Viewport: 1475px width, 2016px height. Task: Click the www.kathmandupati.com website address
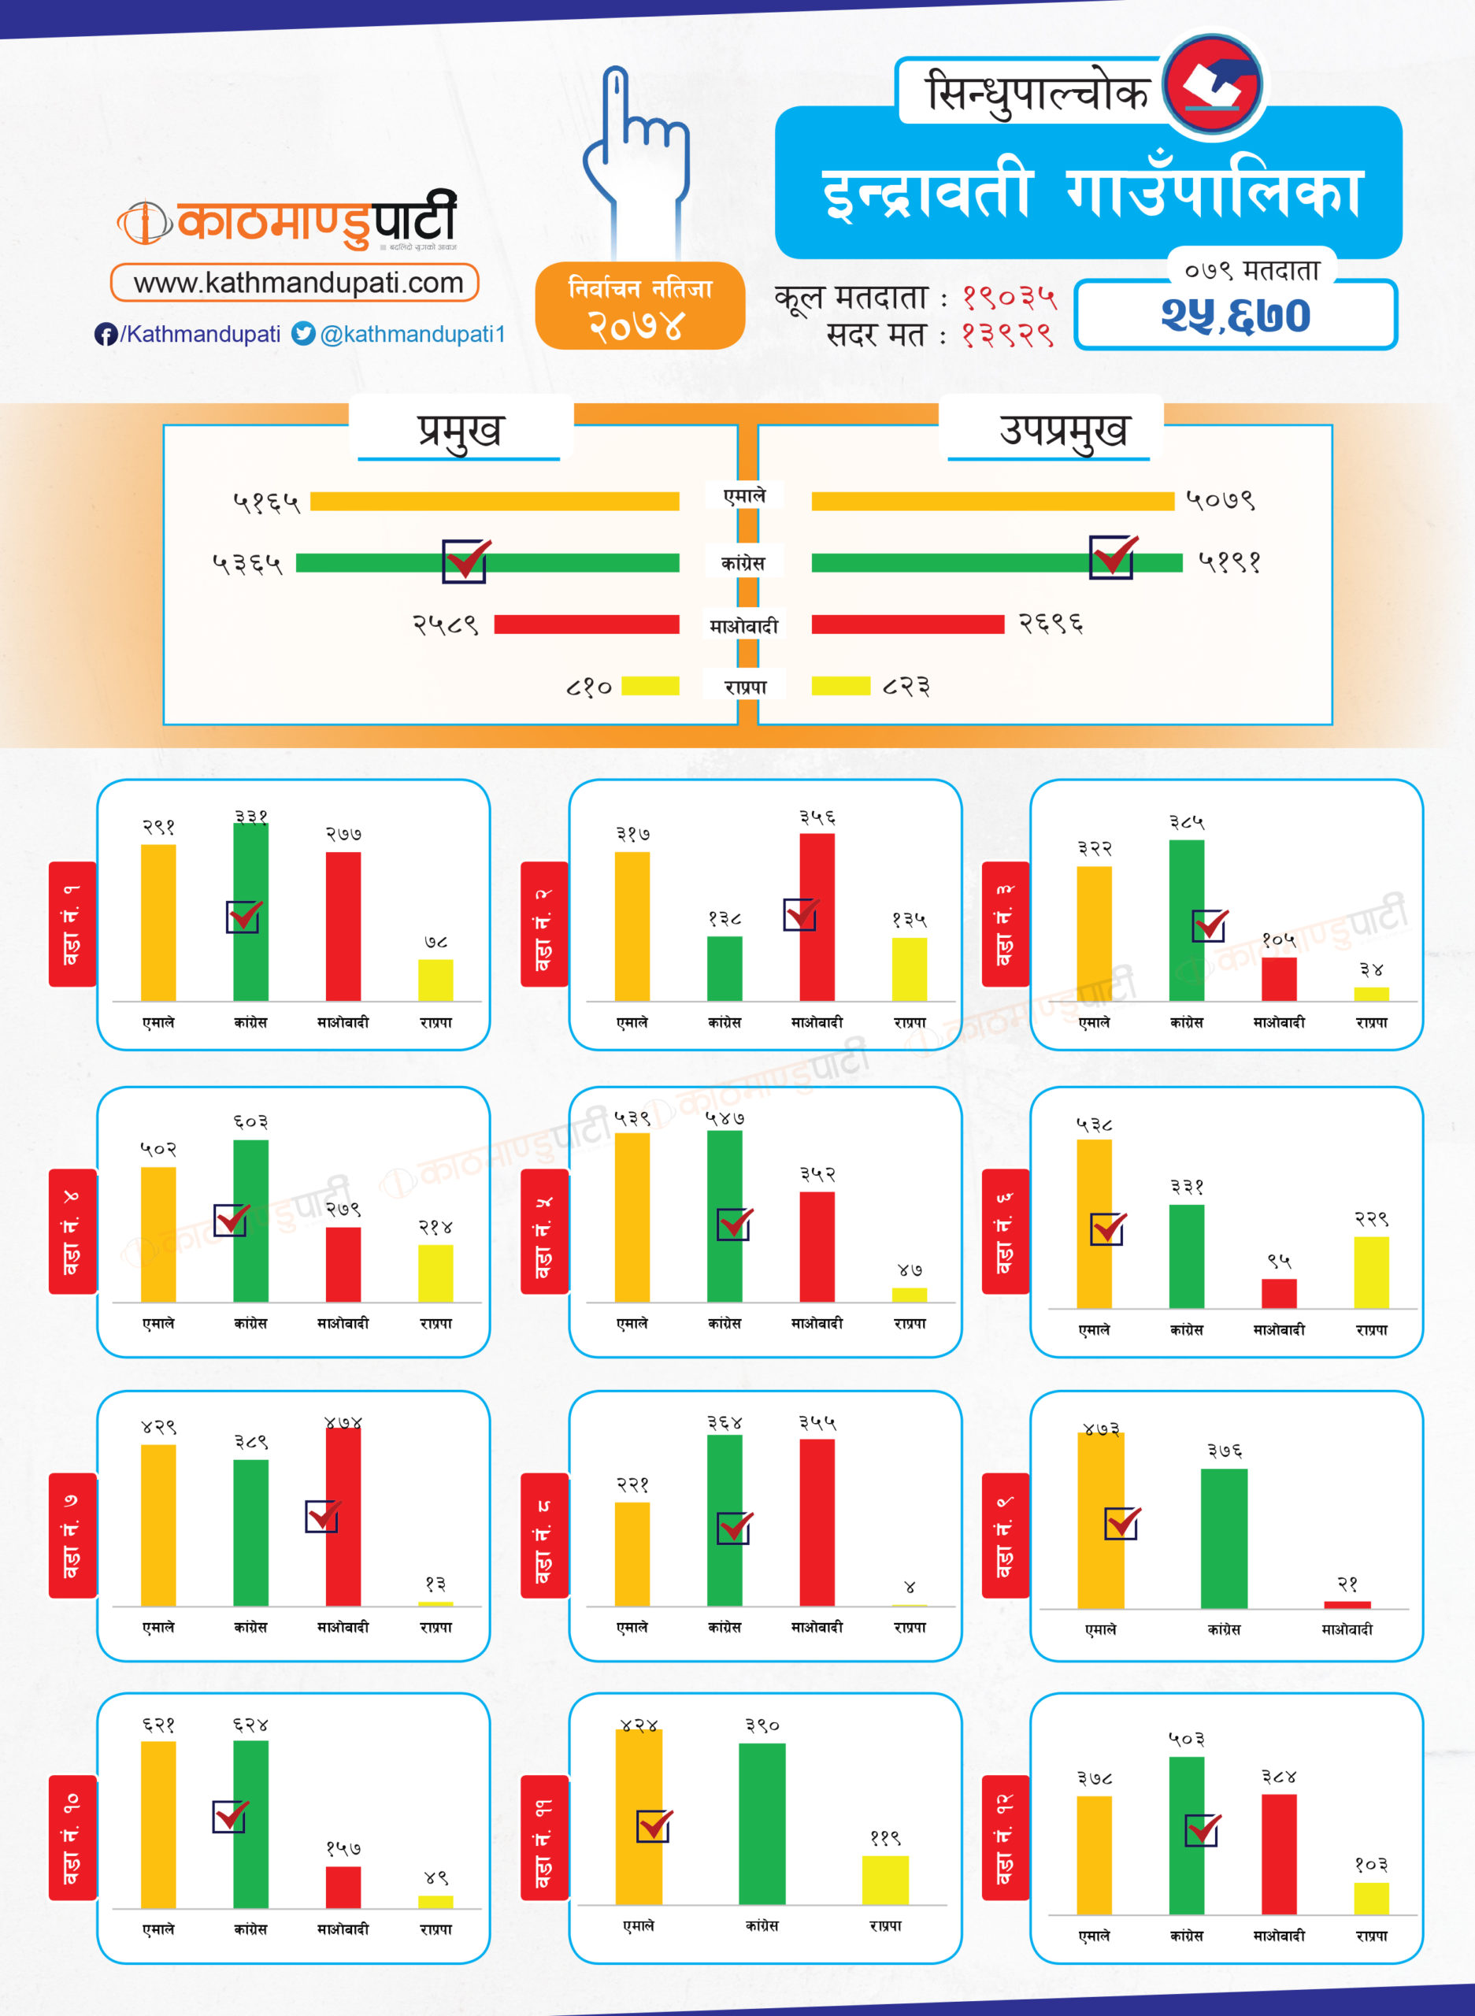click(298, 283)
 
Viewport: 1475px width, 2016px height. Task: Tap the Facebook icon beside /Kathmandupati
click(106, 334)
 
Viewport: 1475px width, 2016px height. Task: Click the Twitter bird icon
click(303, 333)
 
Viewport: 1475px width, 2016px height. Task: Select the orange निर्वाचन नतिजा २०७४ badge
click(639, 306)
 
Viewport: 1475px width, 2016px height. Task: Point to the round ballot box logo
click(1214, 85)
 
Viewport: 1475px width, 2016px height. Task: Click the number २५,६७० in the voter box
click(1235, 315)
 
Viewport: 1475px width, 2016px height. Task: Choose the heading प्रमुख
click(460, 430)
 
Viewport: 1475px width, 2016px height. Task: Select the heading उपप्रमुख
click(1062, 430)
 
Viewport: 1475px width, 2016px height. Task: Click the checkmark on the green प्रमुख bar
click(465, 561)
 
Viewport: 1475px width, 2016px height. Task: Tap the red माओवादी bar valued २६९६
click(907, 624)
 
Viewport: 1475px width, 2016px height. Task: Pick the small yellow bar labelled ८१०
click(650, 686)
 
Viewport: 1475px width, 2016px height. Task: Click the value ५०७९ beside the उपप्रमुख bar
click(1220, 500)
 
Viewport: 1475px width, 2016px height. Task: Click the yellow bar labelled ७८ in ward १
click(435, 980)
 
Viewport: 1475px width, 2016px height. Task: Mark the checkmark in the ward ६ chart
click(1108, 1228)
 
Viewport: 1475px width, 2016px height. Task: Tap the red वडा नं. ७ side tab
click(72, 1535)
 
